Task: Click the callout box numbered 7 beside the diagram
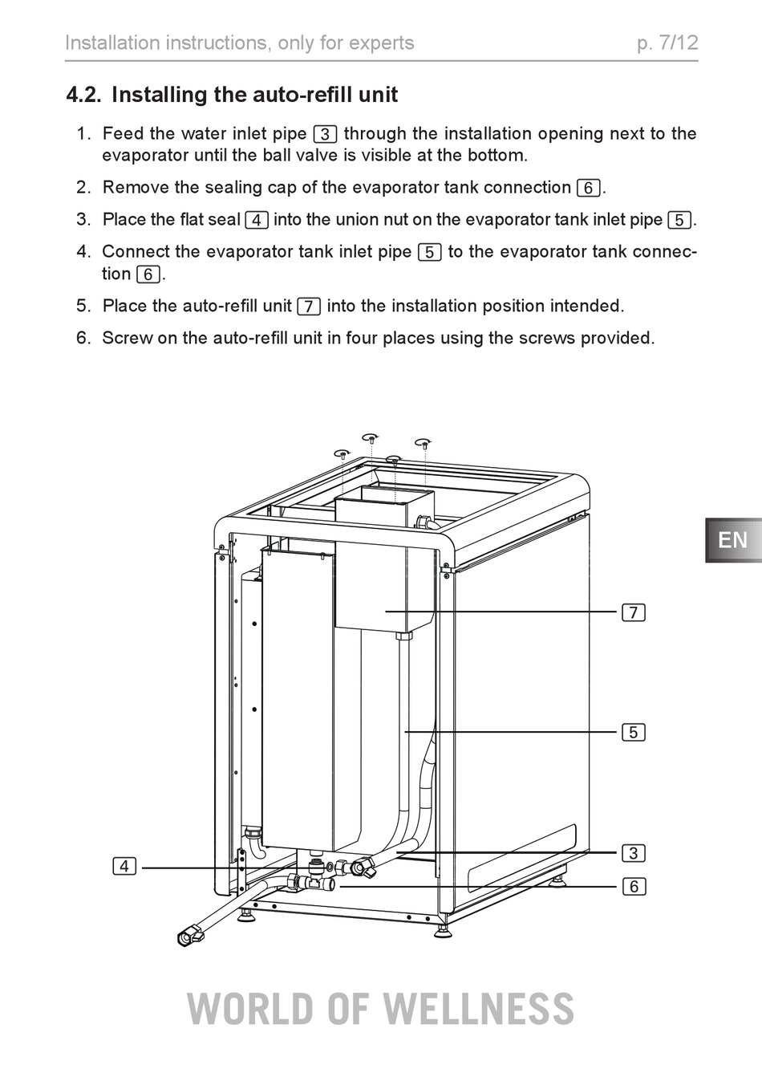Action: point(633,612)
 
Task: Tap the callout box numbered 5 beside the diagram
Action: point(633,732)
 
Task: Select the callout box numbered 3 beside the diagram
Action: point(633,853)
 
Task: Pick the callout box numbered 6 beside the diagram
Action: point(633,886)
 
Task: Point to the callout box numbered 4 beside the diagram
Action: point(124,866)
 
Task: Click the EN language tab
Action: point(733,540)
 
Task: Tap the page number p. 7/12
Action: point(667,43)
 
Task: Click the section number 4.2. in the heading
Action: point(83,95)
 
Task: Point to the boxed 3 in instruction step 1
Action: point(325,134)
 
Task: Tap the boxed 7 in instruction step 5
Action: point(309,307)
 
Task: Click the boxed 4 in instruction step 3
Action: point(257,220)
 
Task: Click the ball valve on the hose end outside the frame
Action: point(191,935)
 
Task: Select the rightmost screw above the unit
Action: point(424,443)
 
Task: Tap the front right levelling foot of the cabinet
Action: point(443,931)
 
